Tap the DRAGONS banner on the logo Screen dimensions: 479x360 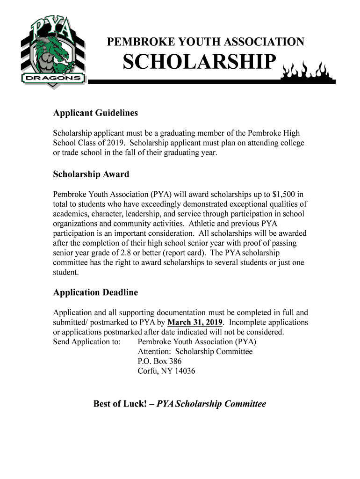[x=52, y=78]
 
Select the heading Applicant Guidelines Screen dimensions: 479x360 [x=95, y=113]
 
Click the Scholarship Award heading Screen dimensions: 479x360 [x=91, y=174]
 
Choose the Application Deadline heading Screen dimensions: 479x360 [x=95, y=293]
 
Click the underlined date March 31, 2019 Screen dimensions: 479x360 [x=195, y=323]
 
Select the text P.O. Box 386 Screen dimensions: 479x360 [x=159, y=362]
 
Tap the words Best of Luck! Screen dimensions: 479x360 [x=120, y=404]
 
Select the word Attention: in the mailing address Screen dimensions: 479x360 [x=154, y=352]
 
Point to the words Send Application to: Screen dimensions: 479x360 [x=87, y=342]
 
